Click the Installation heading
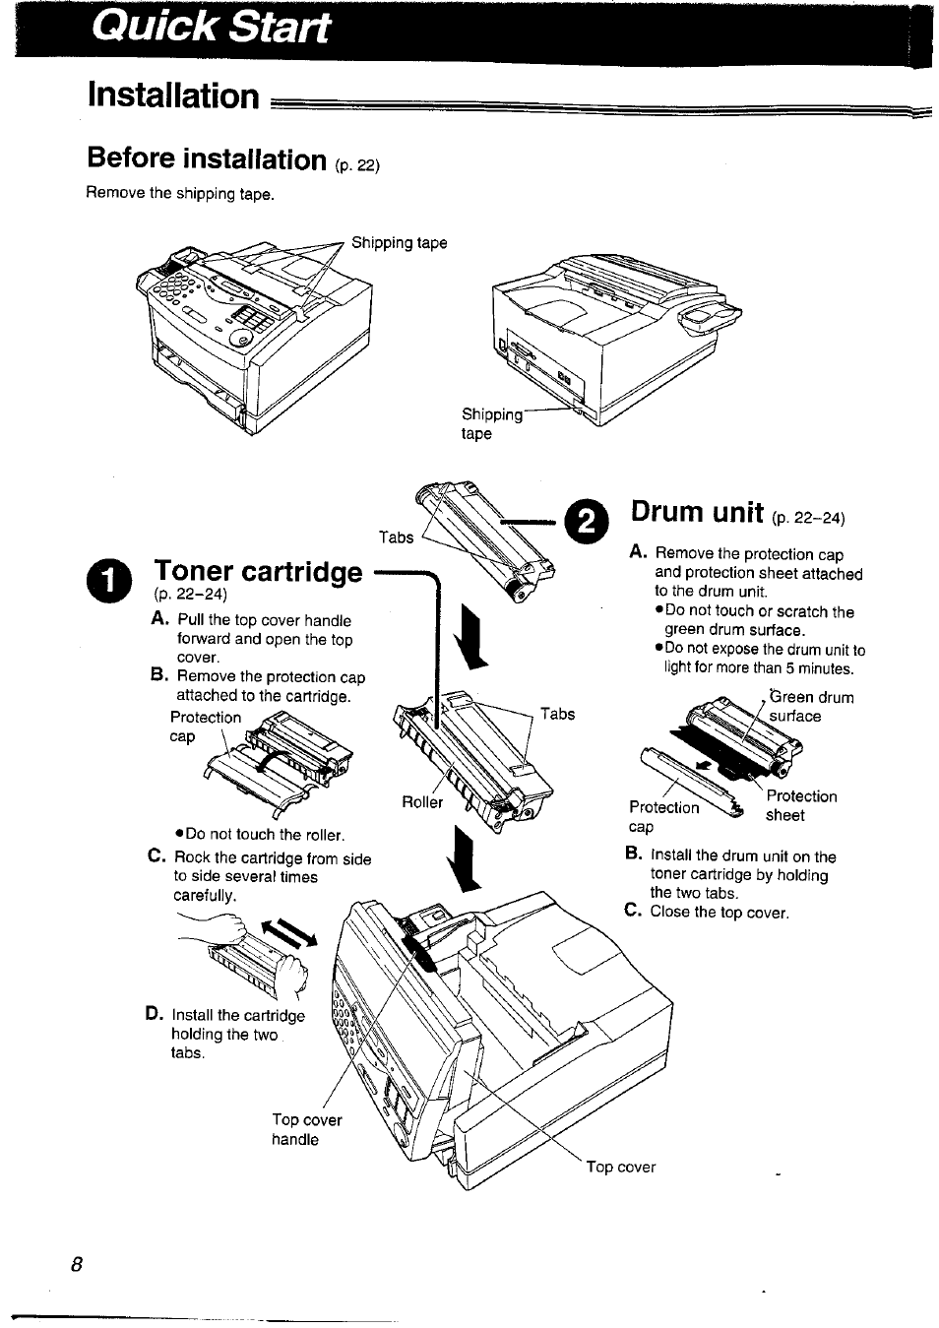(x=172, y=95)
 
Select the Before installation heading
(x=206, y=158)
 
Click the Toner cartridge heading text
(x=258, y=572)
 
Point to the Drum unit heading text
(x=697, y=512)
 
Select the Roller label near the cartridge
(x=421, y=802)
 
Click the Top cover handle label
(x=306, y=1129)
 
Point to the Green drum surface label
(x=810, y=707)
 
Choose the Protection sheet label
(x=800, y=805)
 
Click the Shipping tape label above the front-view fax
(x=399, y=243)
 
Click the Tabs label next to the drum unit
(x=396, y=537)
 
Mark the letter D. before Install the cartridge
(x=154, y=1014)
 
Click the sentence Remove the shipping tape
(x=179, y=194)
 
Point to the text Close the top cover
(x=719, y=913)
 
